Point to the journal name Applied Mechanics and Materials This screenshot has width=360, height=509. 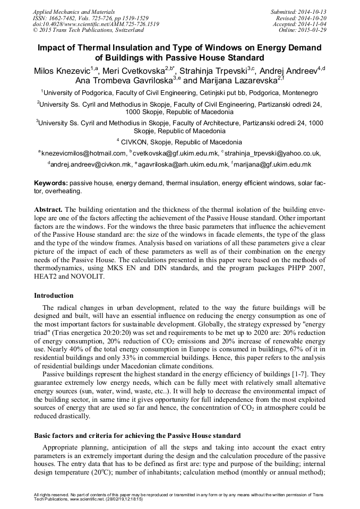74,11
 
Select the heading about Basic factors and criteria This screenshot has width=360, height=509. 138,435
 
